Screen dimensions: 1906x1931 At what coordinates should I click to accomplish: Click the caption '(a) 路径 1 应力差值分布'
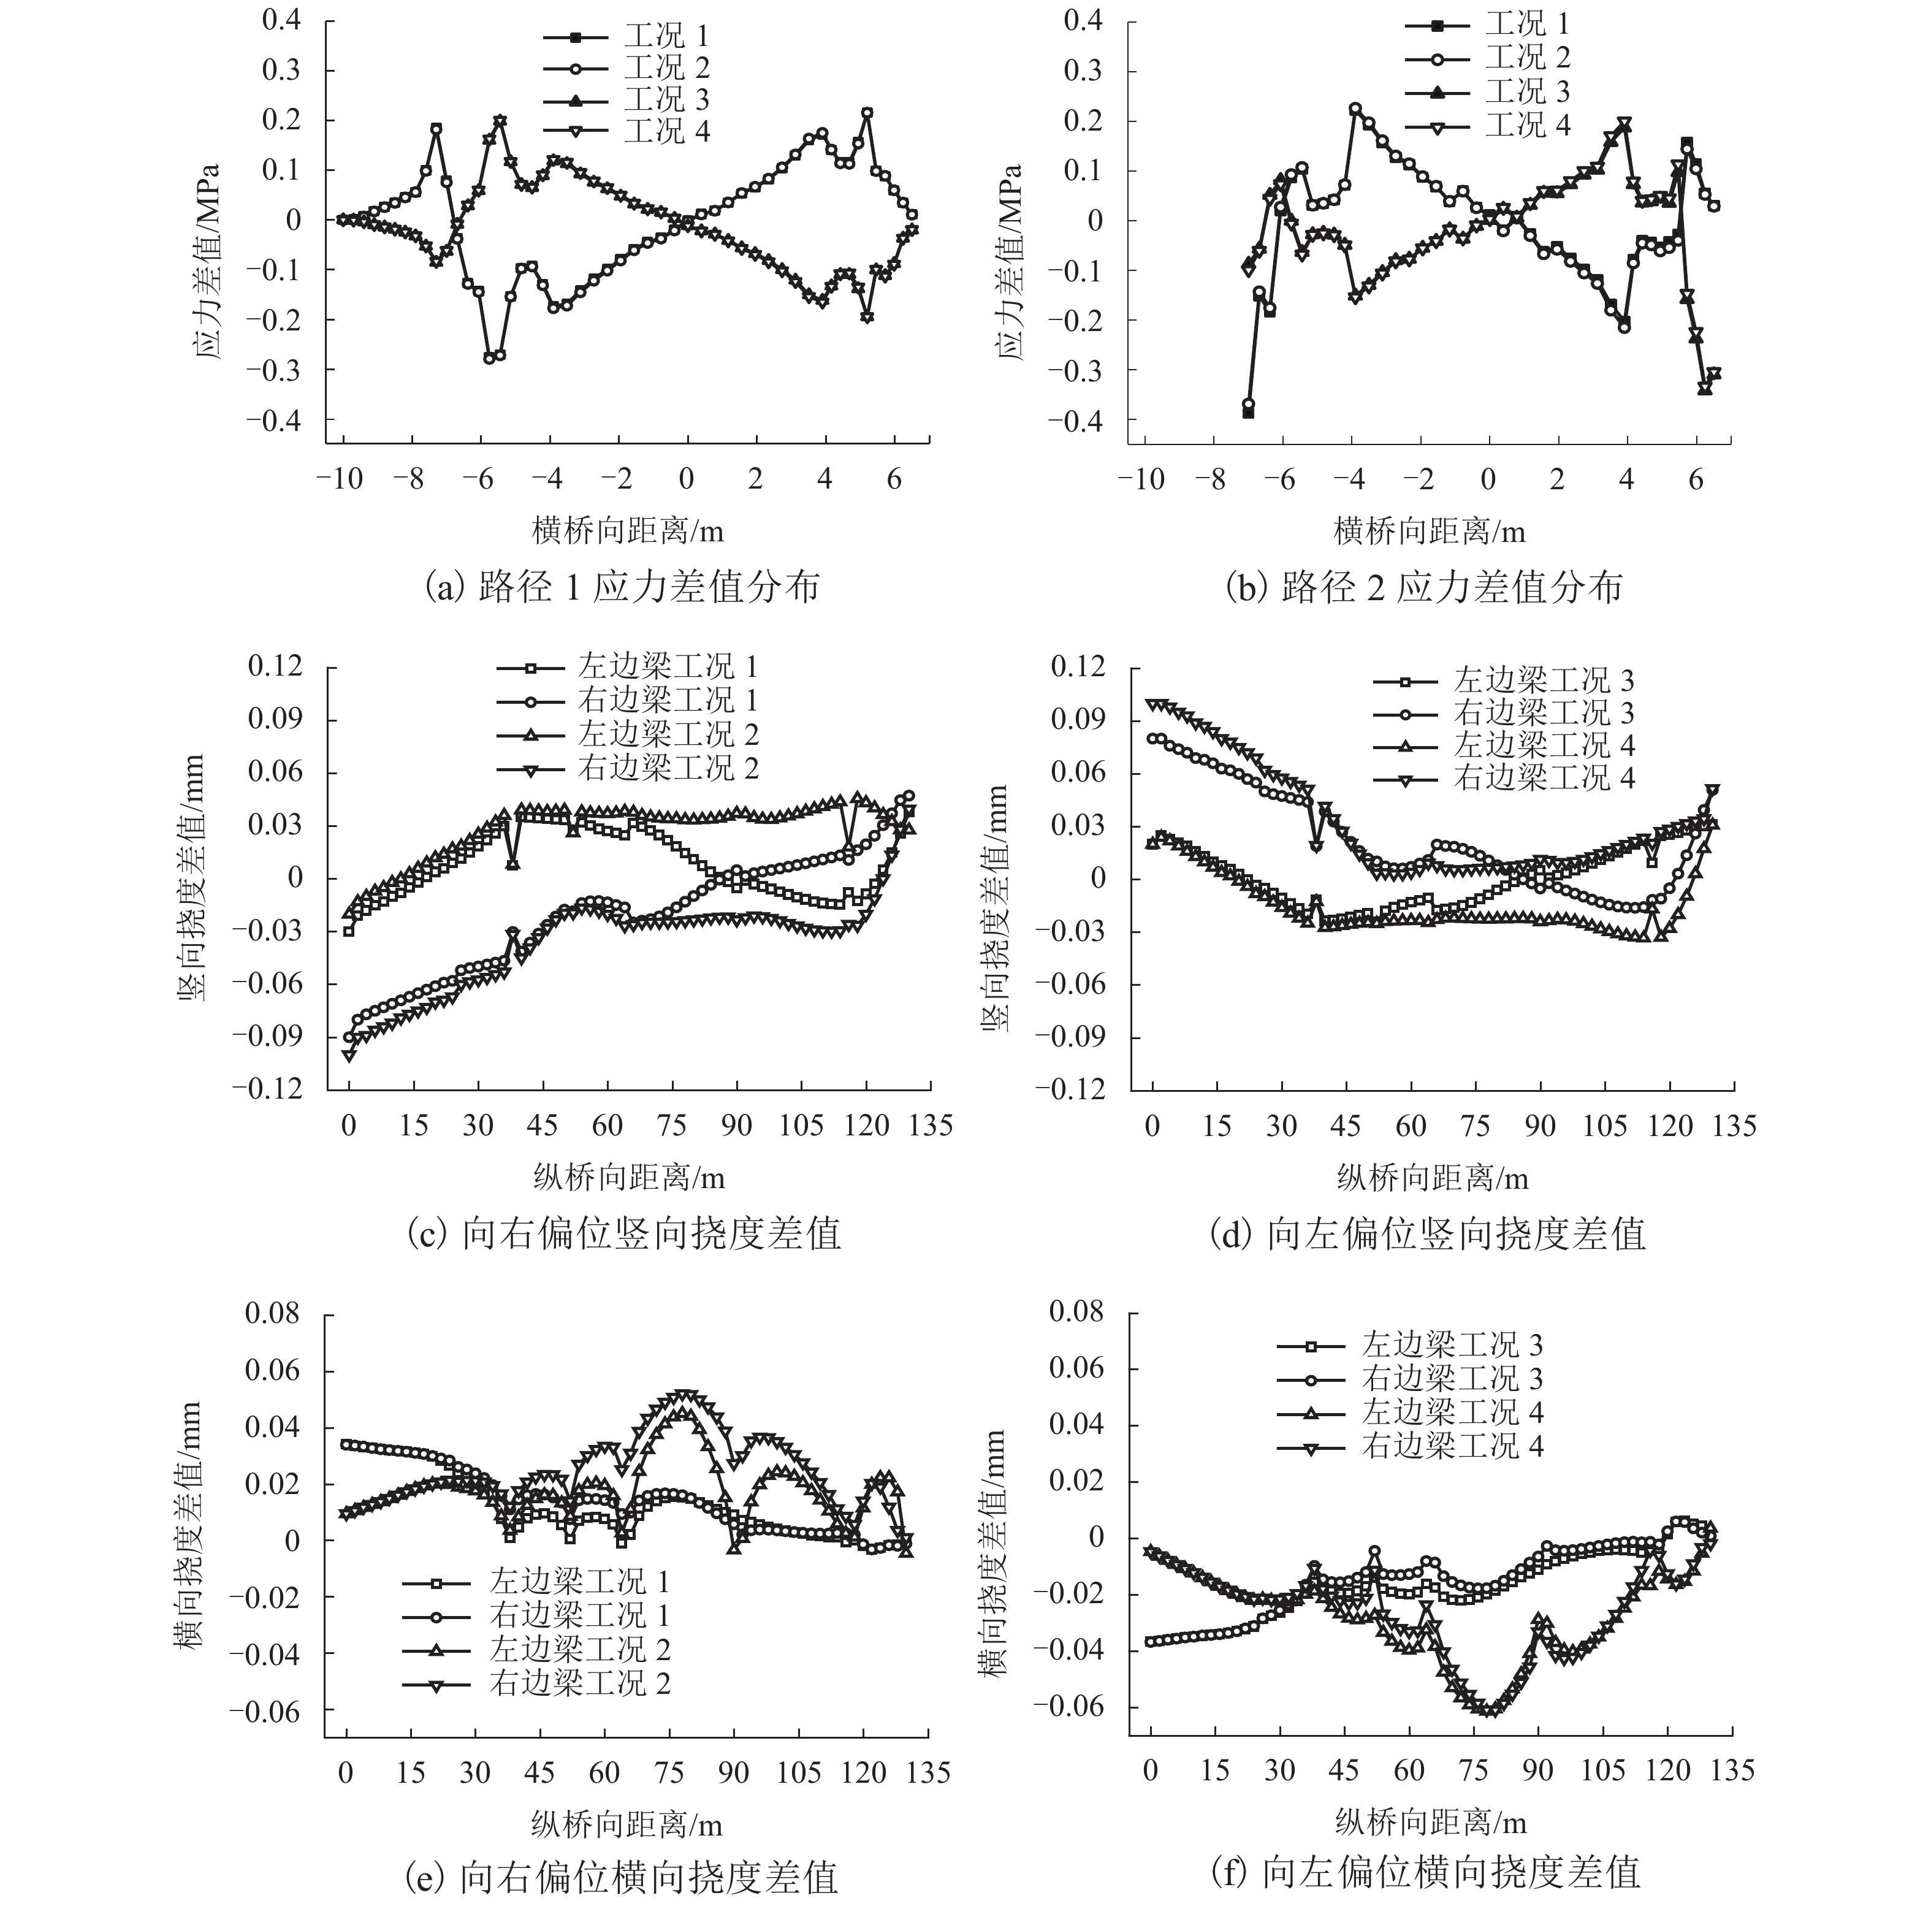tap(622, 587)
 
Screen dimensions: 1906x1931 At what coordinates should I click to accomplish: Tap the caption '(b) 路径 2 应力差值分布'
tap(1424, 587)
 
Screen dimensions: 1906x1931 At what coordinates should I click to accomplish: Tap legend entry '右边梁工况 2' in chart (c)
tap(668, 768)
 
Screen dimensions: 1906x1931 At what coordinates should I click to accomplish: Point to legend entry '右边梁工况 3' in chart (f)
tap(1451, 1378)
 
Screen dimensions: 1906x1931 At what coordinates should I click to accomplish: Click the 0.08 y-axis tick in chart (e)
tap(272, 1313)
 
